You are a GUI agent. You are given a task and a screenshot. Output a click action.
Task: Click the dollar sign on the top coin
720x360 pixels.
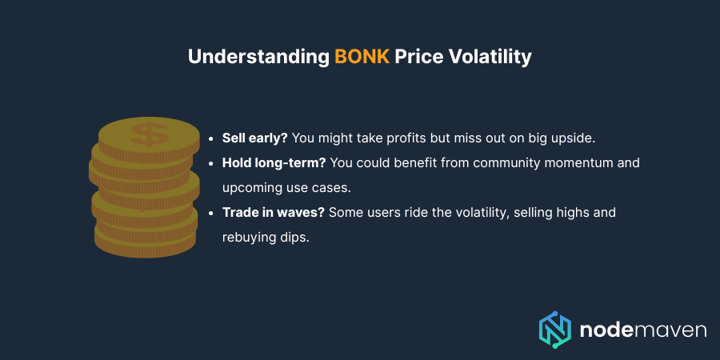[149, 133]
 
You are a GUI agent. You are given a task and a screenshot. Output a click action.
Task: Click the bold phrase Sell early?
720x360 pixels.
[256, 138]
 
